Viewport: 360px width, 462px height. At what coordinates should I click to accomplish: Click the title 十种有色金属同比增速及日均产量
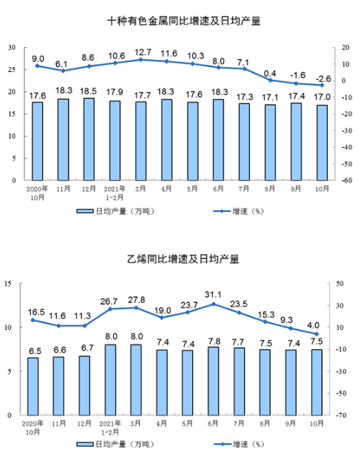184,21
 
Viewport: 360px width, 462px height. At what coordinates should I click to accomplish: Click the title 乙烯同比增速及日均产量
183,259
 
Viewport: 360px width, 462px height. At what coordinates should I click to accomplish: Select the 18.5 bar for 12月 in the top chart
89,139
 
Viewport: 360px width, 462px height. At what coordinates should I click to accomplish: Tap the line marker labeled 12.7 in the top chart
141,60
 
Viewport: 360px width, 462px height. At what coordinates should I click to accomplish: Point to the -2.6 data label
323,79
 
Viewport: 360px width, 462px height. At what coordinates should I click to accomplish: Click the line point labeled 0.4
270,80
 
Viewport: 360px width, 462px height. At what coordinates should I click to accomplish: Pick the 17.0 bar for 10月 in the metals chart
322,143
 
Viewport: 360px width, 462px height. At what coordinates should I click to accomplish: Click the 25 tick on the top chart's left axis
12,70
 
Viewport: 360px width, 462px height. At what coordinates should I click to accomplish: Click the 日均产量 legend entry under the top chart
115,211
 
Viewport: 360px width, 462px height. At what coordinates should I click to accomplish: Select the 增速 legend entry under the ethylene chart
239,444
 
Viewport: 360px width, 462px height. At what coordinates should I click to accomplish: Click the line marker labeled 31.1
213,304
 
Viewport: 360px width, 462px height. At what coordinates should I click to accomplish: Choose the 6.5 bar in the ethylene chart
33,386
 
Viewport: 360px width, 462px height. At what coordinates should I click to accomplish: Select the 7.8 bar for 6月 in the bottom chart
213,381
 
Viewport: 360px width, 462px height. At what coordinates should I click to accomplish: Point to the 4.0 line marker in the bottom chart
316,334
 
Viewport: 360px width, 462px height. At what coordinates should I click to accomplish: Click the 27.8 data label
136,300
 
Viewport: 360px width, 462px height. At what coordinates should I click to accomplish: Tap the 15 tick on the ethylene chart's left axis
8,283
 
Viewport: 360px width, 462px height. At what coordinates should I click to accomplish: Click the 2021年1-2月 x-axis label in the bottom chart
110,428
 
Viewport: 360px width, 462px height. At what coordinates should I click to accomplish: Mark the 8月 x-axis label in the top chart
270,189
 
